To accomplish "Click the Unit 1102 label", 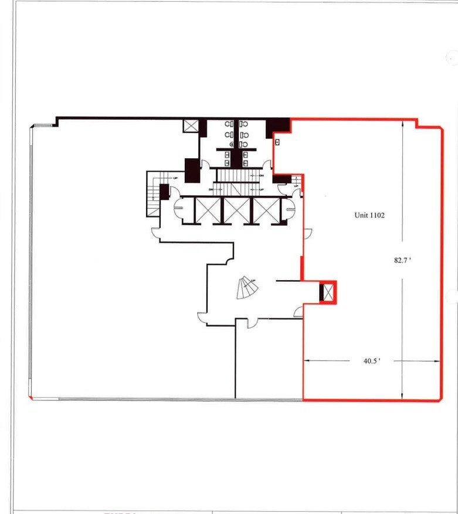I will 369,215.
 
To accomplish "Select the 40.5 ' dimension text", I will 372,361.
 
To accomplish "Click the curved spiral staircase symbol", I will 247,287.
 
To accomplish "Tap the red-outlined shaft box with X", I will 328,292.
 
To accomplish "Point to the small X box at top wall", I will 191,126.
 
